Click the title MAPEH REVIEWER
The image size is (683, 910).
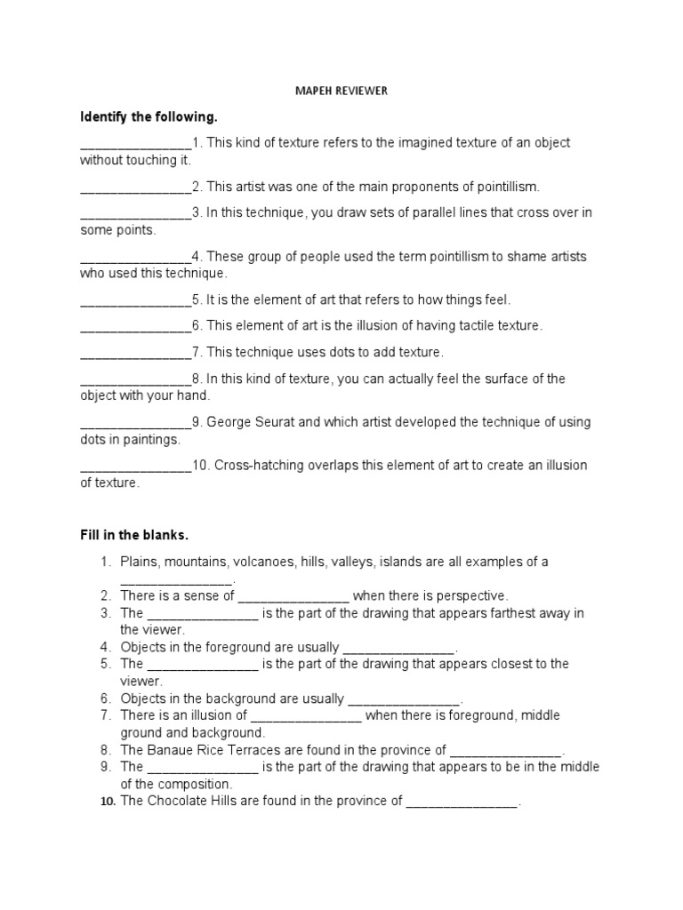coord(341,92)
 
